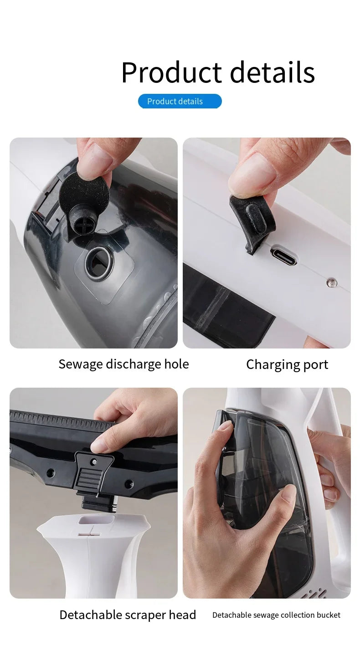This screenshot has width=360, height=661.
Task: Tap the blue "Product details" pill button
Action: [x=180, y=101]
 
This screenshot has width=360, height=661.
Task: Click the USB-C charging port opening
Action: [x=283, y=255]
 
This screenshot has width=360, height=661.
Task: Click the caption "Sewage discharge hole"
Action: [x=123, y=364]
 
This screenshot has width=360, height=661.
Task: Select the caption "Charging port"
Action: [x=287, y=364]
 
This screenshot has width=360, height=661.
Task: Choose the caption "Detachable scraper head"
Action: [x=128, y=615]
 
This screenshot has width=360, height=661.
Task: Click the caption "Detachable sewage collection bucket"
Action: [x=276, y=615]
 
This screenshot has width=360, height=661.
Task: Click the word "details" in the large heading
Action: [x=272, y=72]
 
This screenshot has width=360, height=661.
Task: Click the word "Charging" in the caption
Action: [x=267, y=364]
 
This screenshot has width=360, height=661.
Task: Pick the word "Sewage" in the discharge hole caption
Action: [x=81, y=364]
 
